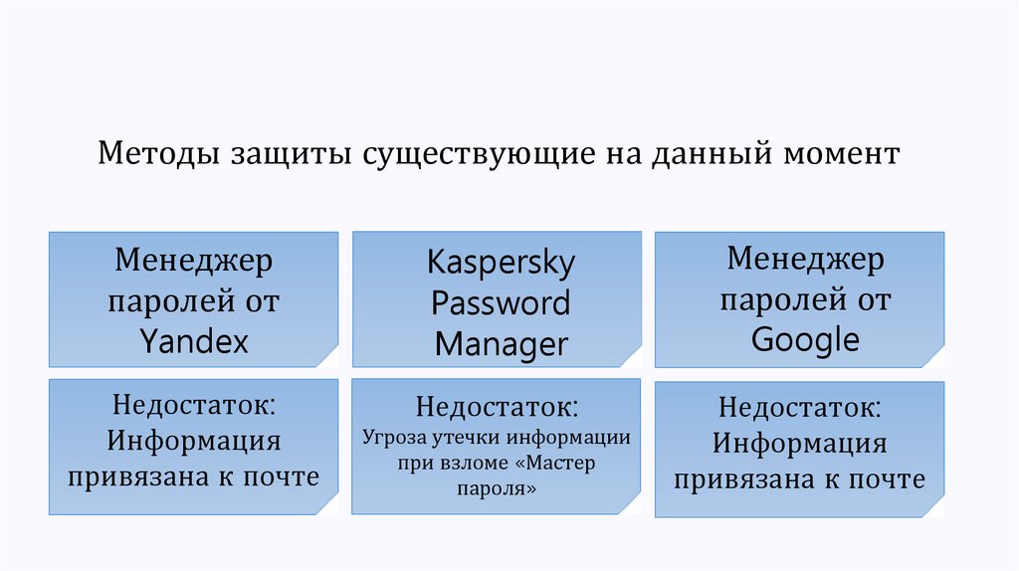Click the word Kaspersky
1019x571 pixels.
click(x=502, y=264)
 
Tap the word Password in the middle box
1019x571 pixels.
click(x=501, y=302)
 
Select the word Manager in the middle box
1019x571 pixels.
click(x=502, y=344)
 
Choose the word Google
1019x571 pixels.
click(x=805, y=339)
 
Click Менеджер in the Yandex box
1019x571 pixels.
click(x=193, y=263)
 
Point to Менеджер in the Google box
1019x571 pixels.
click(x=805, y=260)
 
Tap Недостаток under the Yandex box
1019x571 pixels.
click(x=194, y=404)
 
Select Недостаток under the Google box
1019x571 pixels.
click(x=800, y=408)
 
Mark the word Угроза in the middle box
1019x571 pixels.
click(x=393, y=437)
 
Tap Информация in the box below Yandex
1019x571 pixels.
click(x=194, y=440)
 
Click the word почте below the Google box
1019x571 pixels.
click(x=889, y=479)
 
